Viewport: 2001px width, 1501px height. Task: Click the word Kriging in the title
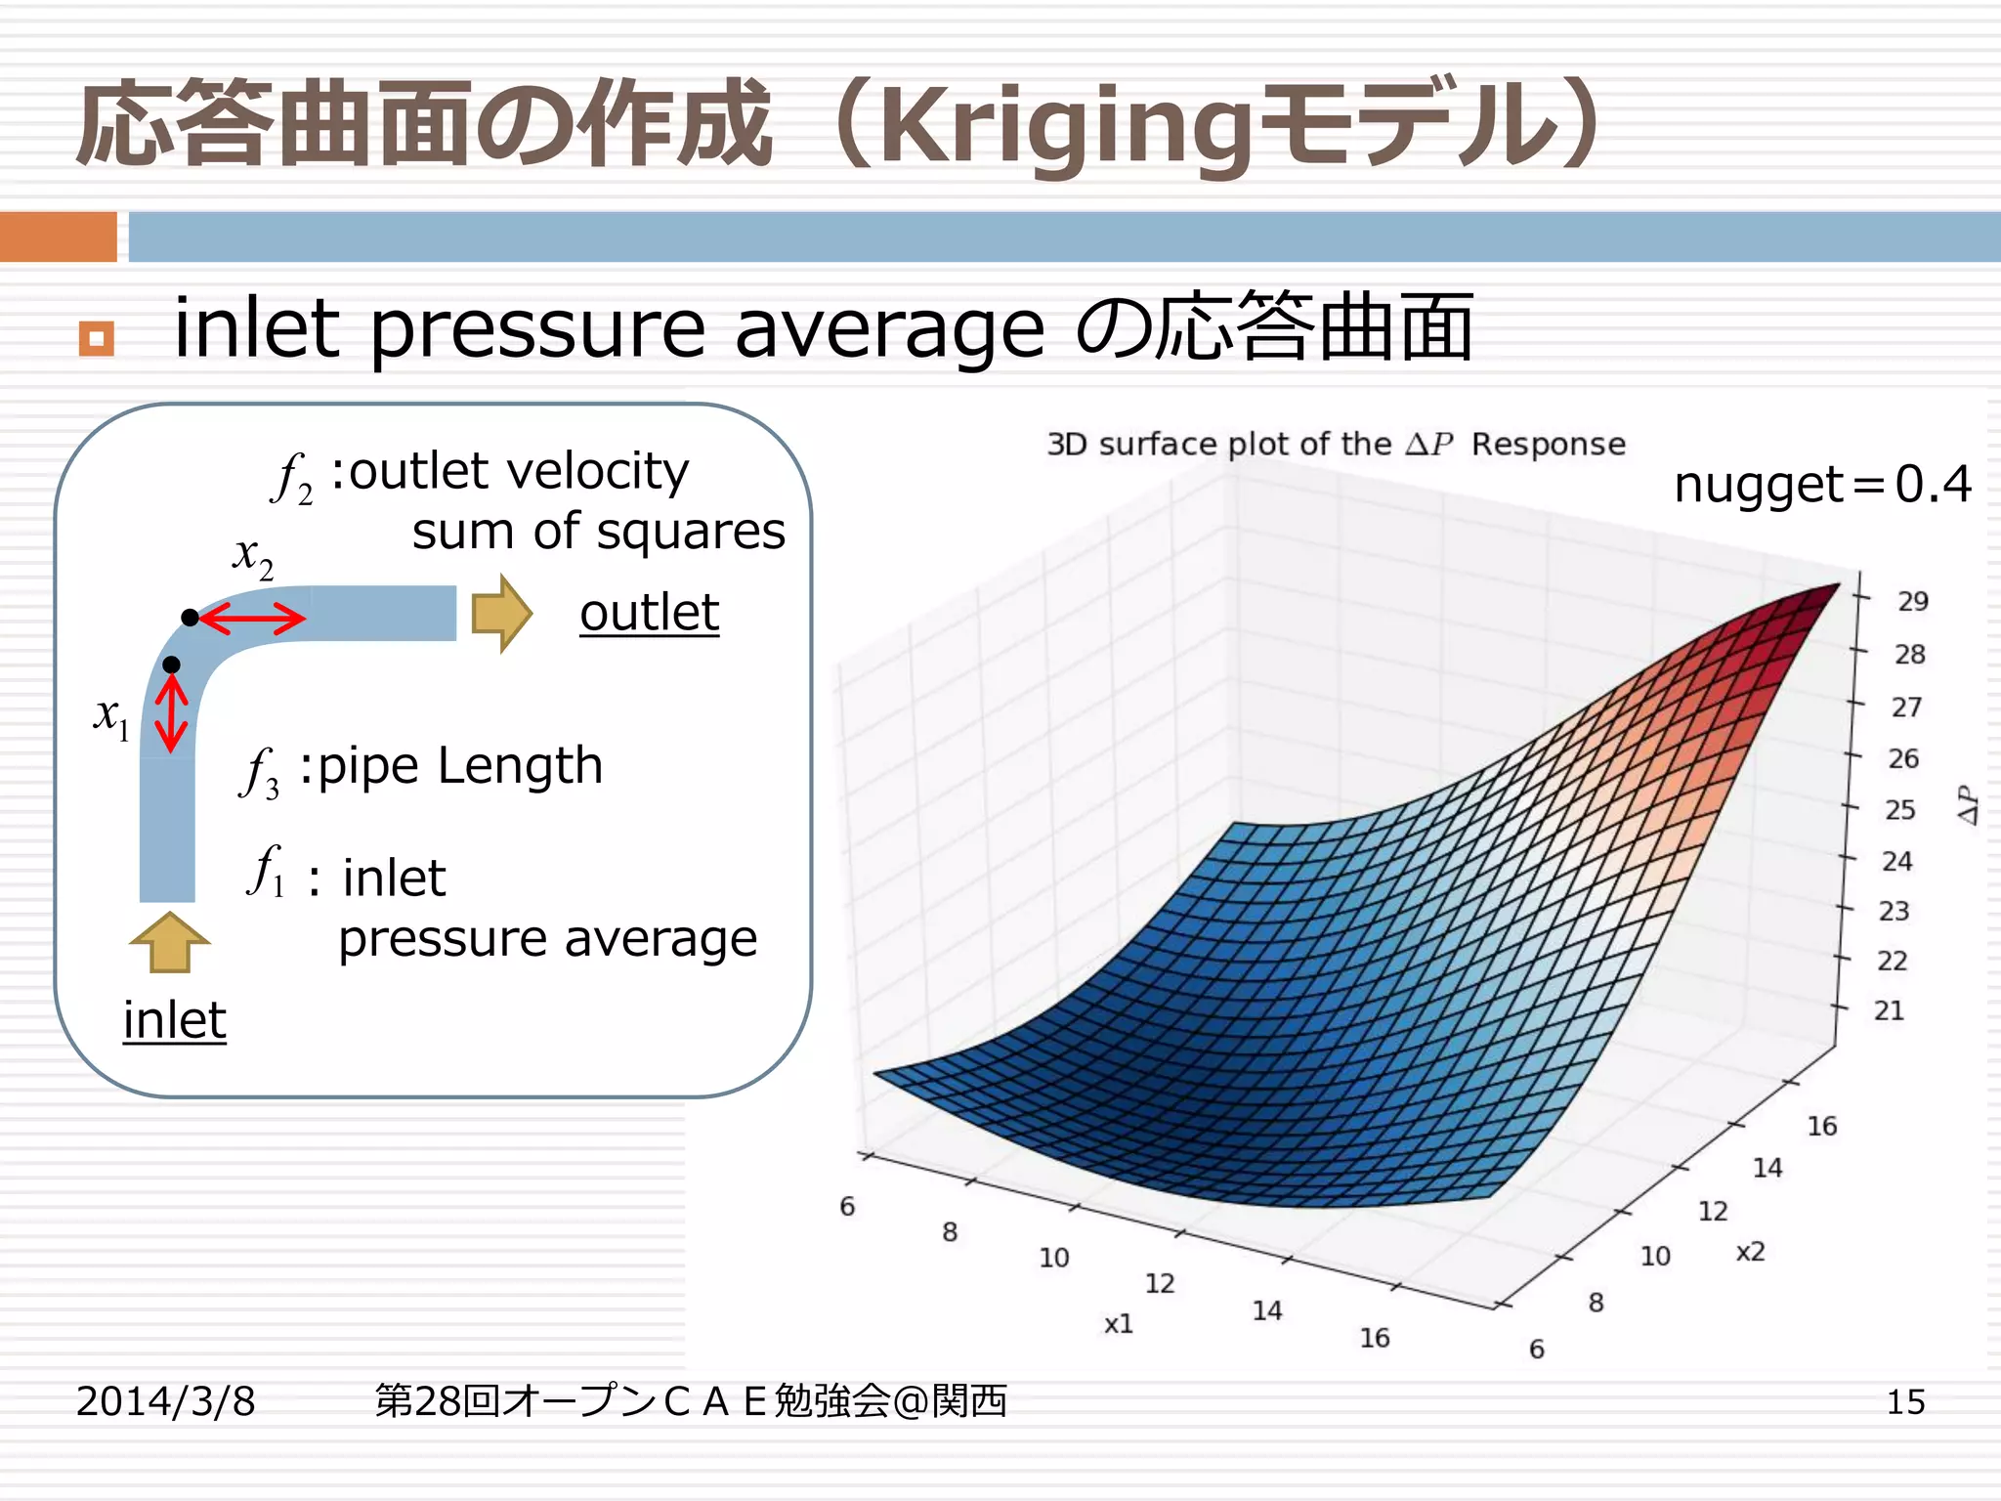click(1065, 127)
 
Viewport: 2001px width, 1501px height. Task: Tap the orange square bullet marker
click(96, 339)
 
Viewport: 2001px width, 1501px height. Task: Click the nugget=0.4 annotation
click(1822, 485)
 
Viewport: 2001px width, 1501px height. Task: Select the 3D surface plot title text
click(1336, 445)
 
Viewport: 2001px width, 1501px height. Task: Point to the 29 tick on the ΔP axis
click(1912, 602)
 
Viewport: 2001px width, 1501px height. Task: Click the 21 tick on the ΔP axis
click(1889, 1010)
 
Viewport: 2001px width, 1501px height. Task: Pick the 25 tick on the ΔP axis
click(1899, 810)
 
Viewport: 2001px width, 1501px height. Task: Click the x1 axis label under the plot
click(1119, 1324)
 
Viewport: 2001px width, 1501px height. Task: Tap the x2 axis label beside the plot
click(1750, 1252)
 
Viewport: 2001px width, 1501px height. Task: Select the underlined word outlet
click(649, 614)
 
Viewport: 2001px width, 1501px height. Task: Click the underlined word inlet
click(174, 1021)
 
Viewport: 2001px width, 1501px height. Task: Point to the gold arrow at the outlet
click(501, 614)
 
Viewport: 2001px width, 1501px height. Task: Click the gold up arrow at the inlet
click(169, 942)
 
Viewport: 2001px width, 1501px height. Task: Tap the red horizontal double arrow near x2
click(252, 619)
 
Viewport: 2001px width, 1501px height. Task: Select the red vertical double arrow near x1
click(172, 712)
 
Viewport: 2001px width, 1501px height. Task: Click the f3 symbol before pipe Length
click(260, 772)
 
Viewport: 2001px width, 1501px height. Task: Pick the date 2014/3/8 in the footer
click(165, 1401)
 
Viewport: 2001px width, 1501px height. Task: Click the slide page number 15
click(1904, 1402)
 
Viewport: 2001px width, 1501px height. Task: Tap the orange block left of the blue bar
click(59, 236)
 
